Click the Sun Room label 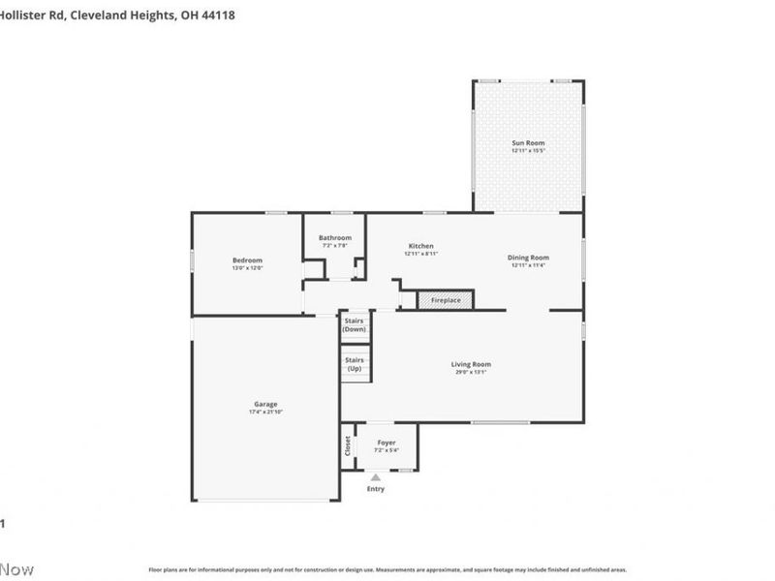[528, 143]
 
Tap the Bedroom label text [247, 260]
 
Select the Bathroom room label [335, 237]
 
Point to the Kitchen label [420, 246]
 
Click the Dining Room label [528, 258]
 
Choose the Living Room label [471, 364]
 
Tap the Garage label [265, 404]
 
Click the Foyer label [387, 443]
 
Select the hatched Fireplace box [446, 300]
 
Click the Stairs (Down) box [355, 325]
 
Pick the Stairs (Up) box [355, 365]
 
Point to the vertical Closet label [347, 446]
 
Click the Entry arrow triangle [376, 477]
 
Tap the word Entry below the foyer [376, 489]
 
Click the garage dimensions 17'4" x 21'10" [265, 413]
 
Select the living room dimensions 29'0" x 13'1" [471, 373]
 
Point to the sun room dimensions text [528, 151]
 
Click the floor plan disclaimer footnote [387, 569]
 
